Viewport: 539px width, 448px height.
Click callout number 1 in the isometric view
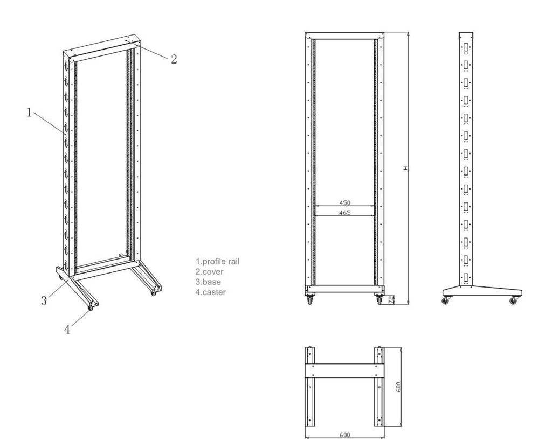[29, 112]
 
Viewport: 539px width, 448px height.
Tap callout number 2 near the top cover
[174, 59]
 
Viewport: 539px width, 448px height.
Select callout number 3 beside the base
[44, 300]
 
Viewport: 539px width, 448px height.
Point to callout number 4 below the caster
[67, 330]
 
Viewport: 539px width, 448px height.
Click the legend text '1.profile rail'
[218, 262]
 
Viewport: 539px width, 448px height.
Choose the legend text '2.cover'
[209, 272]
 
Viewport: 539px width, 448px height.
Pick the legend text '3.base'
[208, 282]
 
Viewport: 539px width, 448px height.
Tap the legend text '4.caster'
[211, 292]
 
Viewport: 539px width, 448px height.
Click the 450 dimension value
[344, 203]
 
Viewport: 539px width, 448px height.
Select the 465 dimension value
[344, 213]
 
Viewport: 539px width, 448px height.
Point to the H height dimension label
[406, 168]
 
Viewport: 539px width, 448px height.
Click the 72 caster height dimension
[391, 300]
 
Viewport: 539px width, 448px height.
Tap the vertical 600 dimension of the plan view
[398, 387]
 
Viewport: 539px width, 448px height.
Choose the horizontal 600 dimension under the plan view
[344, 435]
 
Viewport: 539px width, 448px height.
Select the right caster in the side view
[513, 300]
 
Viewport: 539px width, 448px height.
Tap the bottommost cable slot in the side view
[466, 278]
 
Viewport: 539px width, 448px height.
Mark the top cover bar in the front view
[344, 36]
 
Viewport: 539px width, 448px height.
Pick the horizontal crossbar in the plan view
[344, 371]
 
